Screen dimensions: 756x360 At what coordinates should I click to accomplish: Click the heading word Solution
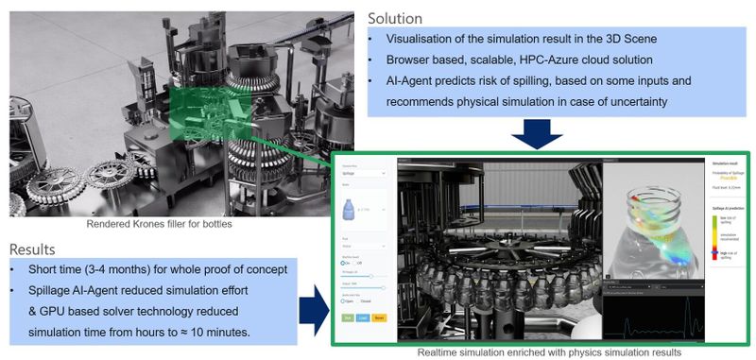394,18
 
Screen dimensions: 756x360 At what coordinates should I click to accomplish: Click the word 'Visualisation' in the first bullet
421,39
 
